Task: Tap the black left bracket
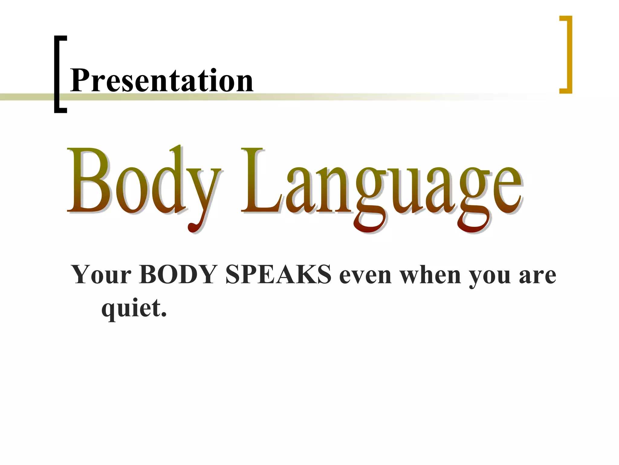point(57,74)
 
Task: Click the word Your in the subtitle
point(102,275)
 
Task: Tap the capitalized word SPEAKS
point(278,275)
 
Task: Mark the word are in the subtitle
point(538,276)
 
